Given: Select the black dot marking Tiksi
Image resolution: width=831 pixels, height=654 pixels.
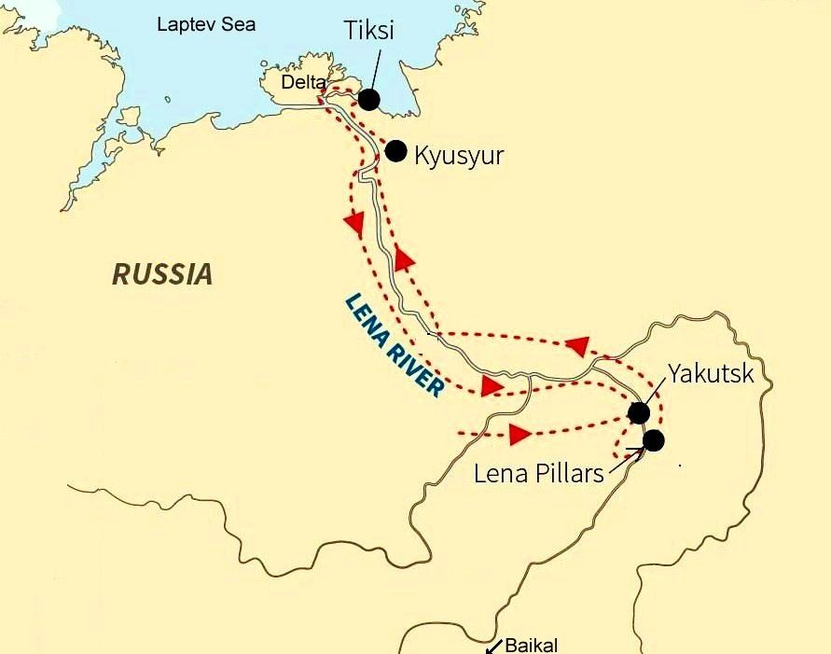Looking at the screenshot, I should pos(369,100).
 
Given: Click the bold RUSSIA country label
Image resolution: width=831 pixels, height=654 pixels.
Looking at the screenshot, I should pos(162,274).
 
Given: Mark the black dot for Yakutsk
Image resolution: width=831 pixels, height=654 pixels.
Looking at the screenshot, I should pos(639,413).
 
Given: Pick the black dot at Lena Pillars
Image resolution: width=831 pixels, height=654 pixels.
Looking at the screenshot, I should pos(653,440).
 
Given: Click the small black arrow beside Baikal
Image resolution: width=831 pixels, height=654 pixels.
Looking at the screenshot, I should pos(493,644).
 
